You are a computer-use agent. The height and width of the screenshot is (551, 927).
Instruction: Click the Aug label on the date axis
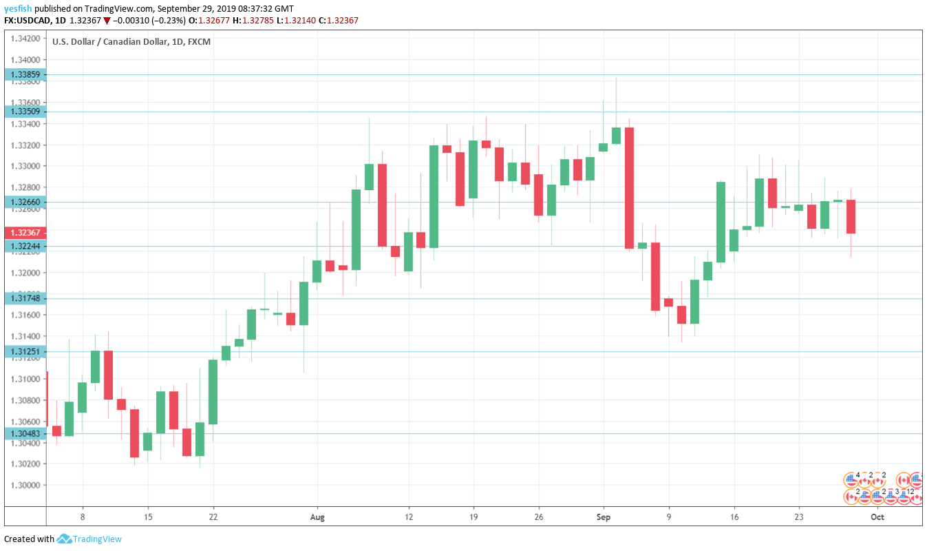pos(317,517)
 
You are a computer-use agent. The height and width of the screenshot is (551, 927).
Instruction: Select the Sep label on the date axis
pos(604,517)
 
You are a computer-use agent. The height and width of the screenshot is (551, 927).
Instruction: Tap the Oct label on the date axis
pos(877,517)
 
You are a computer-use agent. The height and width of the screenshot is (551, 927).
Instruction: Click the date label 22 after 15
pos(213,517)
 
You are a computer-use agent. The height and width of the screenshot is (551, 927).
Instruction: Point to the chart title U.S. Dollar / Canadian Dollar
pos(109,42)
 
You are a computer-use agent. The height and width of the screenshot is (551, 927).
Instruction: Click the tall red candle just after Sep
pos(629,187)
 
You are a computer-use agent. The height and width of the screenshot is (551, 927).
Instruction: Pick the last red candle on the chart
pos(851,216)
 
